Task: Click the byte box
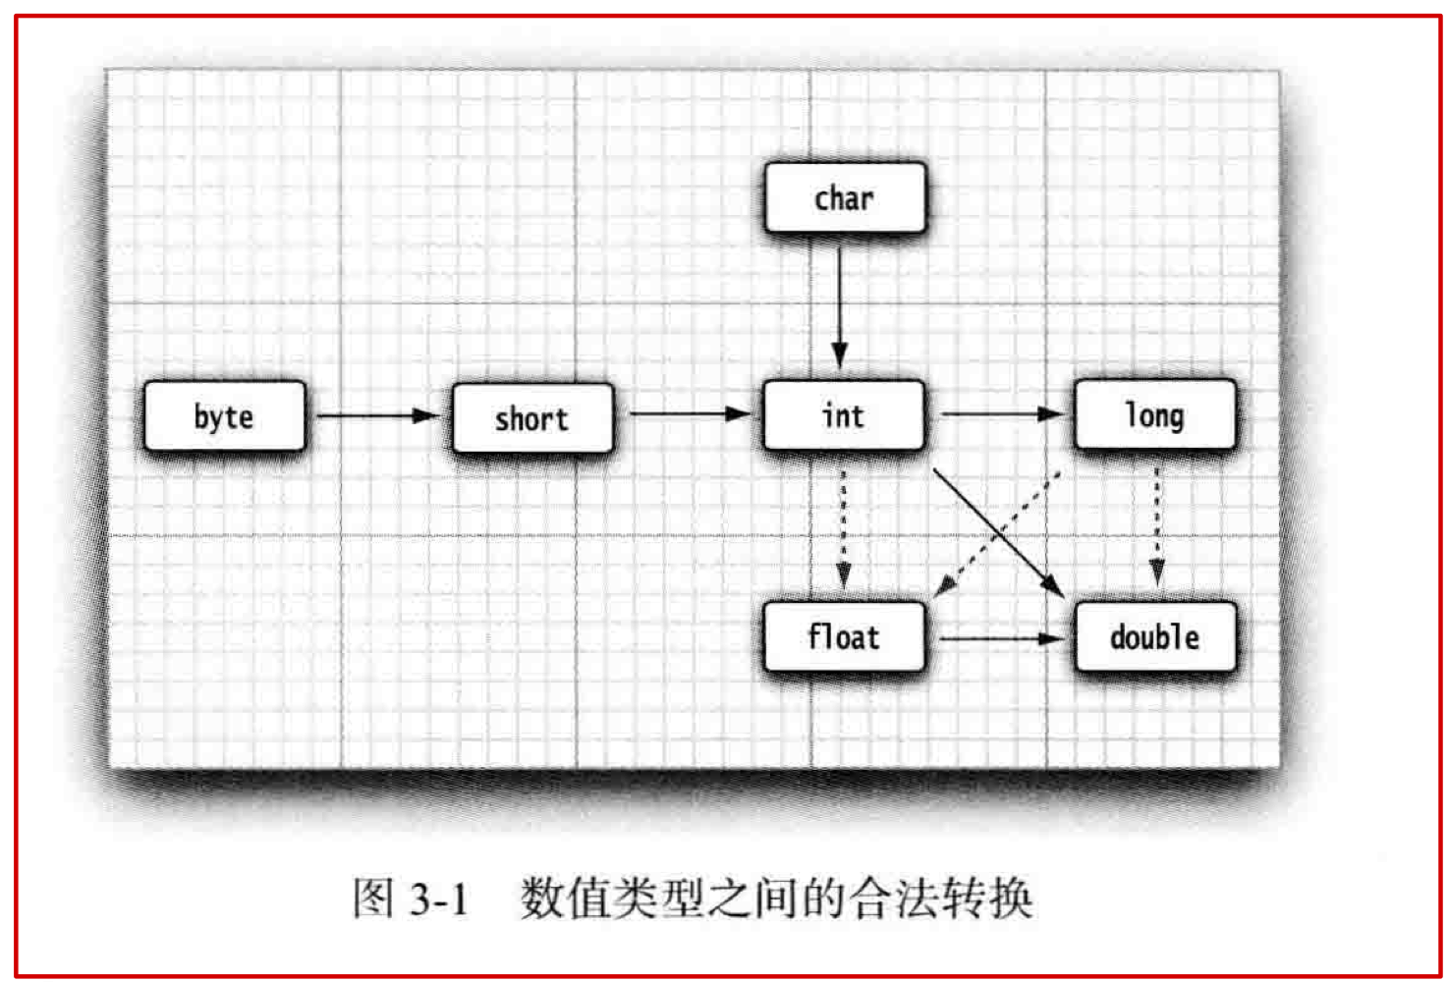(224, 416)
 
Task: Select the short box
(532, 418)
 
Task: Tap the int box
(844, 415)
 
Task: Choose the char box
(844, 198)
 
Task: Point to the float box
(844, 637)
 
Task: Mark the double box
(1154, 637)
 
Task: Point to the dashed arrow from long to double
(1156, 526)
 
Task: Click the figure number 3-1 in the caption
(438, 899)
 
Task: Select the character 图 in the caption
(373, 898)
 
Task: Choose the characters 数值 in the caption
(564, 898)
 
